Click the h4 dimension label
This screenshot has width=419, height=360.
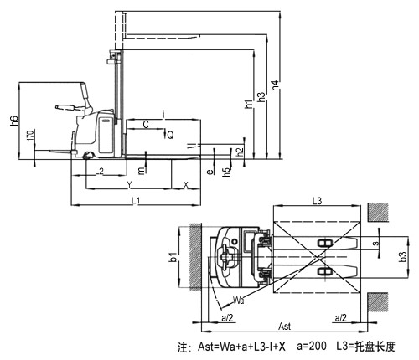click(x=275, y=85)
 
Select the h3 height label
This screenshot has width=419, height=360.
click(x=261, y=97)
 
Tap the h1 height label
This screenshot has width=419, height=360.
click(x=249, y=104)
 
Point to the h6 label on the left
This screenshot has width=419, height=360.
click(x=14, y=121)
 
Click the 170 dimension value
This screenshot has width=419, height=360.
click(x=30, y=136)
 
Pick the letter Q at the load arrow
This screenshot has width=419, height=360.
click(x=170, y=136)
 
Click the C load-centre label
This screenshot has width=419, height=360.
click(x=146, y=125)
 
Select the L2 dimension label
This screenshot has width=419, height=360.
click(x=99, y=171)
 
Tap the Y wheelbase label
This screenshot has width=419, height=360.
click(x=129, y=184)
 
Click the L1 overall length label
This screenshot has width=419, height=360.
click(x=136, y=200)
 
